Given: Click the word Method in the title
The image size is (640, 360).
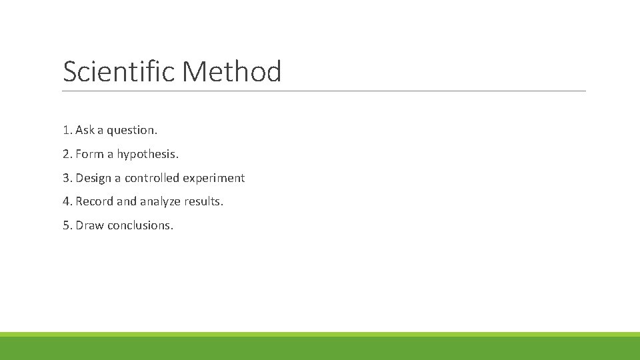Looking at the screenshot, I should coord(231,71).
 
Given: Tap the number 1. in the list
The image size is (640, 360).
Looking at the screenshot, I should coord(67,130).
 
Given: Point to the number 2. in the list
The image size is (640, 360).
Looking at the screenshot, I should coord(67,154).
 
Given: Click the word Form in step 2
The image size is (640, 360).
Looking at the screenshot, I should coord(89,154).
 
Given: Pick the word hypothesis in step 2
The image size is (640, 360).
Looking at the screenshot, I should coord(147,155).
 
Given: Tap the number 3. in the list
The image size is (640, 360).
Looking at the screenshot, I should coord(67,178).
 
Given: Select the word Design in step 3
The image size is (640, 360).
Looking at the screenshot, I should coord(93,179).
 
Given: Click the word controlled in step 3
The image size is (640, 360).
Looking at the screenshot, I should coord(152,178).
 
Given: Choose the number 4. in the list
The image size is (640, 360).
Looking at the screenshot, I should coord(67,201).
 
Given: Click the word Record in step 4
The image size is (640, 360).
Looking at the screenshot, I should coord(95,201).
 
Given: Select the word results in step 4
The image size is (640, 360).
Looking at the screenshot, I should coord(203,201).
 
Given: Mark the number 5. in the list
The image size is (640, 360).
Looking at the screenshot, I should coord(67,225).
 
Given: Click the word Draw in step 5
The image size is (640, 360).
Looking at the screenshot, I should coord(90,225).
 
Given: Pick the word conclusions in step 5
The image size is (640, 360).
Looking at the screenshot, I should coord(140,225).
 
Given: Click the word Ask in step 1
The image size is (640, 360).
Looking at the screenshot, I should coord(85,130).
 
